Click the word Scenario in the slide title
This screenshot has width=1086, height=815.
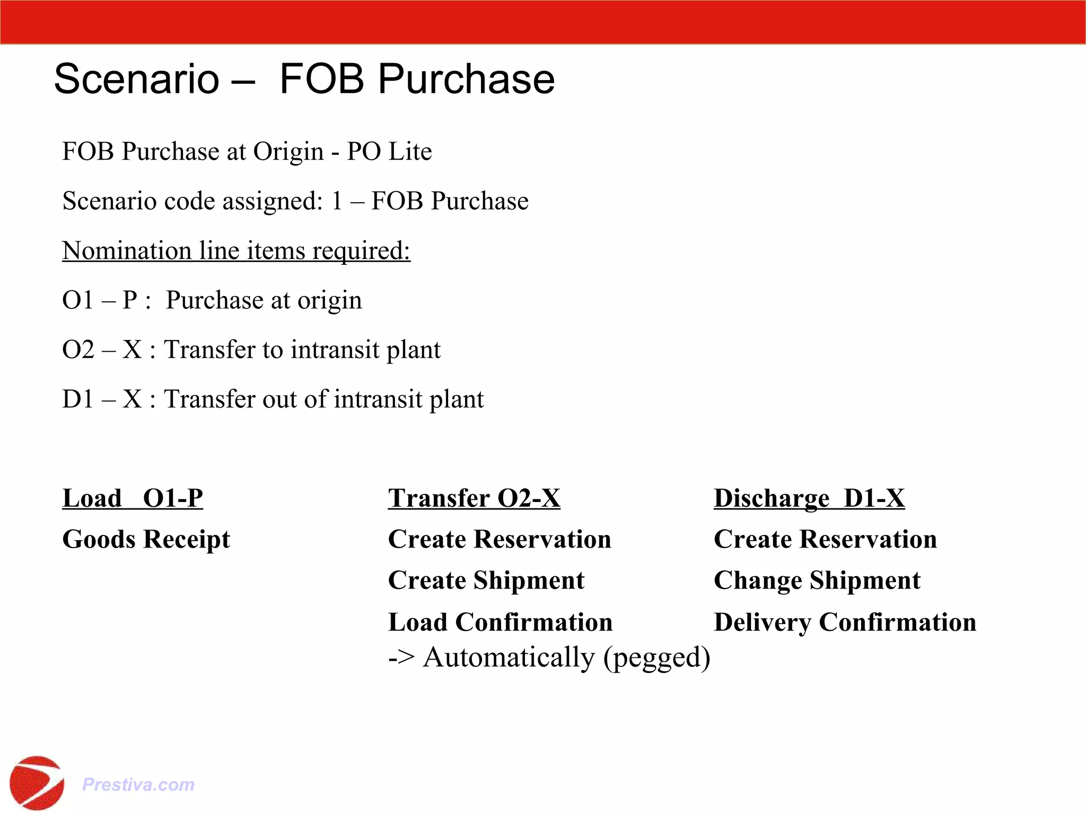tap(136, 79)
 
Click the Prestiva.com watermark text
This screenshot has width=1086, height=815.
tap(138, 784)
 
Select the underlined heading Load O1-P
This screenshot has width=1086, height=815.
tap(133, 498)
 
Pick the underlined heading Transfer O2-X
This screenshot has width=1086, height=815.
tap(474, 498)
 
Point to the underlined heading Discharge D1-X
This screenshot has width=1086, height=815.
tap(809, 498)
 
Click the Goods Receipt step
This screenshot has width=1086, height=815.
tap(146, 540)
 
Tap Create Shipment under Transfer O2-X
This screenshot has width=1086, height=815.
tap(486, 580)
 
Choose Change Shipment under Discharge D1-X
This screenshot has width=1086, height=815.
tap(817, 580)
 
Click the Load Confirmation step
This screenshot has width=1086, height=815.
tap(500, 622)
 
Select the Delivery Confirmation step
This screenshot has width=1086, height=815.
tap(845, 622)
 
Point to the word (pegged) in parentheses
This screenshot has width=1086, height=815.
tap(657, 658)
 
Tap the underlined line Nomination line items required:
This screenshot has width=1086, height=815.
tap(236, 250)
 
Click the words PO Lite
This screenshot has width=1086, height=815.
tap(389, 152)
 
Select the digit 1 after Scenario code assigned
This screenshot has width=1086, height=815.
tap(337, 201)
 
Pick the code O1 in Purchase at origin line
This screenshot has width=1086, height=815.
tap(78, 300)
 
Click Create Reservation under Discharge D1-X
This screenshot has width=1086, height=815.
tap(825, 540)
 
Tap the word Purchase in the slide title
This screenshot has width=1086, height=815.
tap(466, 79)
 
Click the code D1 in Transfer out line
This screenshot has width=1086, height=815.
tap(78, 400)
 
